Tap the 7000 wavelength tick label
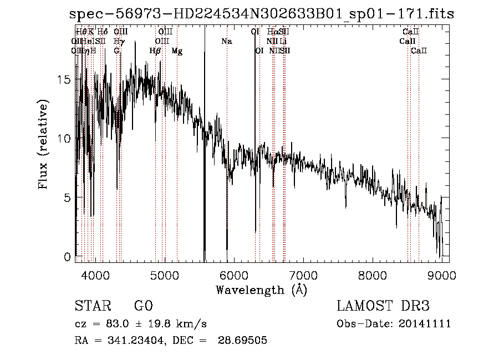(303, 275)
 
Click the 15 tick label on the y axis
(64, 79)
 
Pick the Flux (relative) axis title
(44, 144)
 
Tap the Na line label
(226, 42)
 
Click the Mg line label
(177, 51)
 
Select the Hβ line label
(155, 51)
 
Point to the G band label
(116, 51)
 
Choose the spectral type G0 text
(143, 306)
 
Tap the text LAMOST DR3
(383, 306)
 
